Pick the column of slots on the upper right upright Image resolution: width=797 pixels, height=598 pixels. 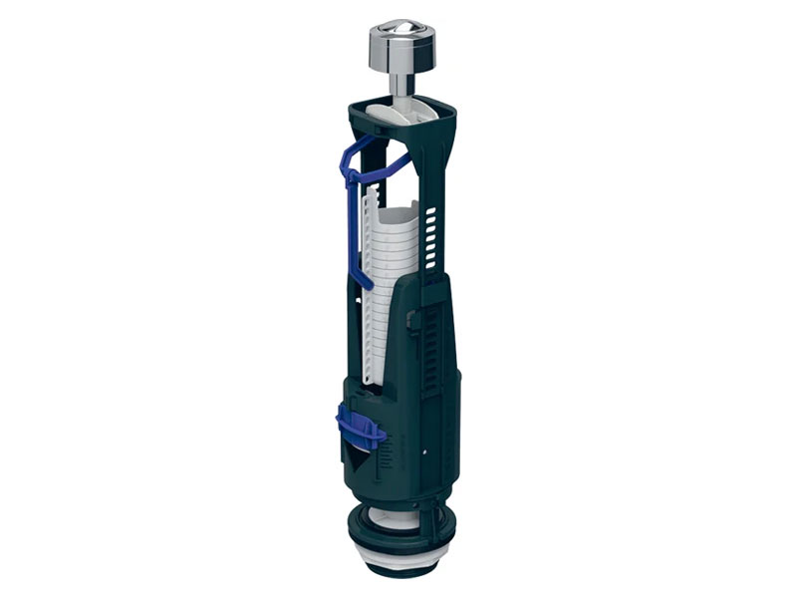[x=431, y=234]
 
